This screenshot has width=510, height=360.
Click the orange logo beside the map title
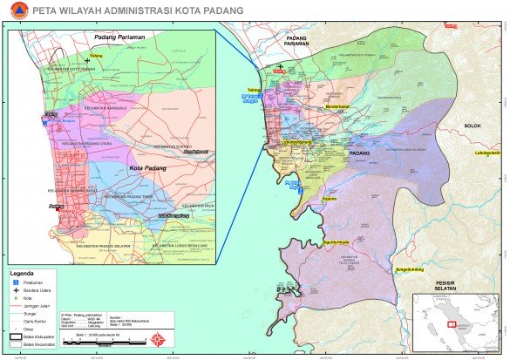coord(11,11)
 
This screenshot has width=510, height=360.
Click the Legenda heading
coord(23,273)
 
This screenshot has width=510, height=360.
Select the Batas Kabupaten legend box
coord(17,336)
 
